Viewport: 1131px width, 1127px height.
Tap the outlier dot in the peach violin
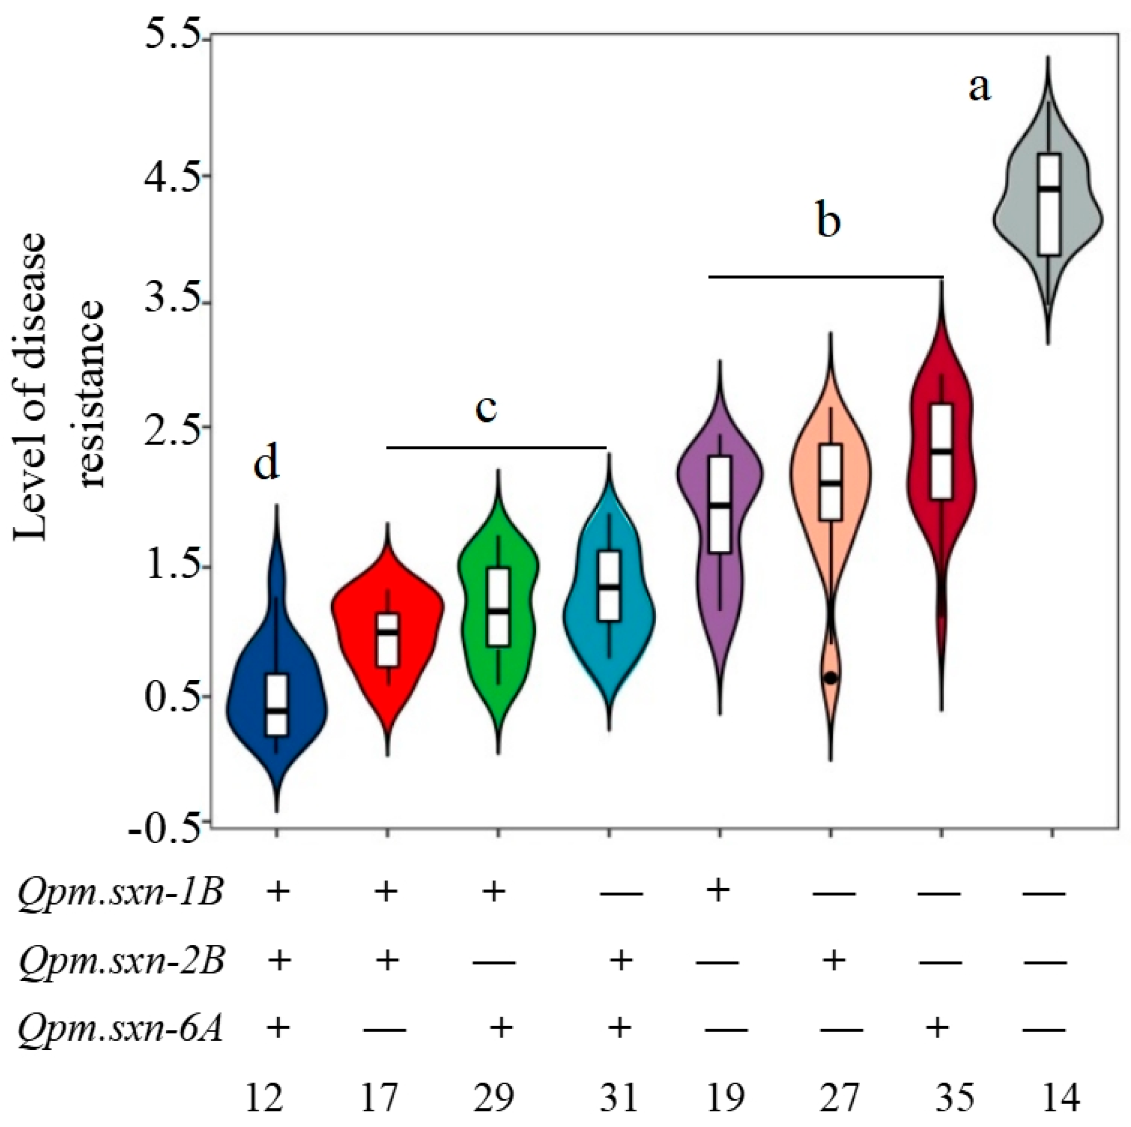click(830, 678)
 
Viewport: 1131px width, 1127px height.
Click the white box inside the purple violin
click(720, 503)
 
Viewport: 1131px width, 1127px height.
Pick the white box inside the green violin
click(499, 606)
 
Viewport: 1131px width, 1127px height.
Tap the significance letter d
click(266, 465)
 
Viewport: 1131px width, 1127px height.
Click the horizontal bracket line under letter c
click(497, 448)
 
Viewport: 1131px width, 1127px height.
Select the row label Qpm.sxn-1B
click(120, 893)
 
